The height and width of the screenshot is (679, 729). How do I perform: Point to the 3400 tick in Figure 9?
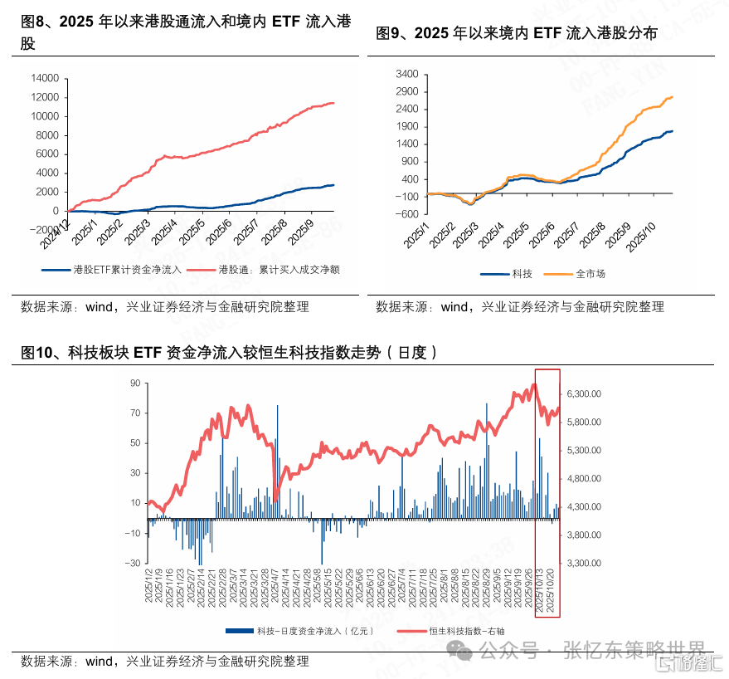[406, 73]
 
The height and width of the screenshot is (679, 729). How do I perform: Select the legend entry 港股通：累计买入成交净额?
[279, 269]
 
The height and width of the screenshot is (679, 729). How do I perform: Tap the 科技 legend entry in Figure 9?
[522, 273]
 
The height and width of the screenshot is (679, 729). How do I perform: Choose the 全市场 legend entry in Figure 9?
[590, 273]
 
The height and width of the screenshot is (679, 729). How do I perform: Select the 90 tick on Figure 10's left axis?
[134, 383]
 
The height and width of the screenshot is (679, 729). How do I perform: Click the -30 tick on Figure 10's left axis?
[133, 563]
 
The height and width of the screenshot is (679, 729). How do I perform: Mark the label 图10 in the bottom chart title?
[38, 353]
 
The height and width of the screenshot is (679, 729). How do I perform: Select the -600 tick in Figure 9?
[406, 213]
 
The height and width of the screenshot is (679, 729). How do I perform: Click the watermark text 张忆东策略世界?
[634, 649]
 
